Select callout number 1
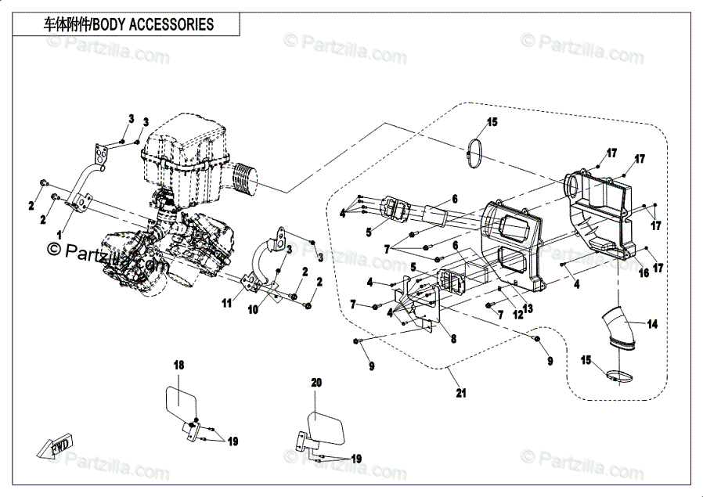59,234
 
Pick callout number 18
178,365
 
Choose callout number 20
316,383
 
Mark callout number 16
644,273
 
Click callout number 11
227,302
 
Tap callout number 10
253,309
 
